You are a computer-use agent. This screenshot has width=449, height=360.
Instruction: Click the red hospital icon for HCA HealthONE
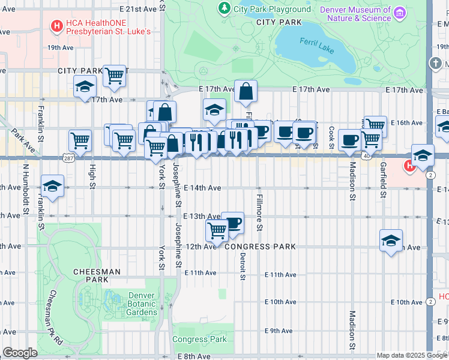click(x=56, y=26)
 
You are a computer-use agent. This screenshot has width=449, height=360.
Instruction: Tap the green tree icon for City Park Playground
click(x=224, y=8)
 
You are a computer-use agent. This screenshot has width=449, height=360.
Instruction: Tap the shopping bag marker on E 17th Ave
click(x=246, y=91)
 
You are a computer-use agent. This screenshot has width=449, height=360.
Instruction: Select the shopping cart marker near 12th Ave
click(x=217, y=230)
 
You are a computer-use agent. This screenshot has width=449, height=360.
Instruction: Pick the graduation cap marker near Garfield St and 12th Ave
click(x=391, y=241)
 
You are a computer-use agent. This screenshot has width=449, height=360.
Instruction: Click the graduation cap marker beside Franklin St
click(x=53, y=185)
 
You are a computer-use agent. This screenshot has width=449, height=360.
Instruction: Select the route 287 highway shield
click(x=67, y=157)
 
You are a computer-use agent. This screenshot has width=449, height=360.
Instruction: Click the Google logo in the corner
click(x=20, y=353)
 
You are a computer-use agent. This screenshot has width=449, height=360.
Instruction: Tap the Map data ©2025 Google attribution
click(x=411, y=355)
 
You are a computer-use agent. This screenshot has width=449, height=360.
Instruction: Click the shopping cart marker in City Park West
click(x=114, y=76)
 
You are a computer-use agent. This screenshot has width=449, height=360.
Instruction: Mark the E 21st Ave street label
click(x=137, y=10)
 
